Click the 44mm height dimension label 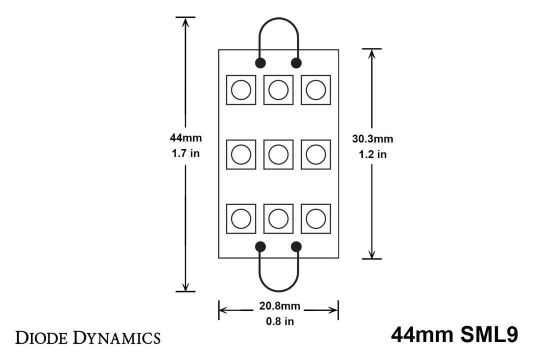click(x=185, y=138)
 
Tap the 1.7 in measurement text click(x=185, y=153)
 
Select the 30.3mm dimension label click(x=372, y=139)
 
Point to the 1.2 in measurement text click(x=372, y=154)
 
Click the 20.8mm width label click(x=279, y=306)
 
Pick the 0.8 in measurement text click(x=279, y=321)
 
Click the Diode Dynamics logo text click(x=88, y=337)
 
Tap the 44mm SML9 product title click(x=454, y=335)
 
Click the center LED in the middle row click(x=278, y=154)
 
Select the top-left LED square click(x=241, y=90)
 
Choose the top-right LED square click(x=316, y=90)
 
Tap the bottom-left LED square click(x=241, y=219)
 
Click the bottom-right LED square click(x=316, y=219)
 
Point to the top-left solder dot click(x=260, y=63)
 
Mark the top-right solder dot click(x=296, y=63)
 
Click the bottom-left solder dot click(x=260, y=246)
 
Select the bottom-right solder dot click(x=296, y=246)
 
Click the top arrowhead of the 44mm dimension click(x=185, y=21)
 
